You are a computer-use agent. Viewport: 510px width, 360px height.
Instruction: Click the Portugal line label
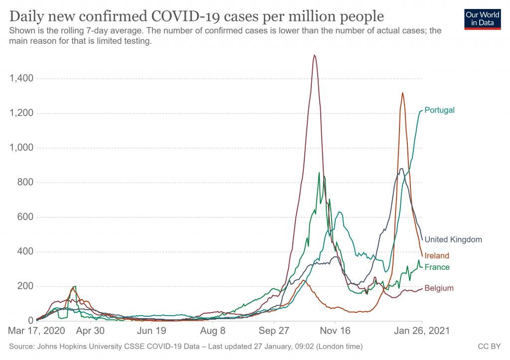point(439,110)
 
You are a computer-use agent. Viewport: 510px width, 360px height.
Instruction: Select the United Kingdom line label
point(453,240)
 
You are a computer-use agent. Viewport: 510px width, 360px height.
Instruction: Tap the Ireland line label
point(437,256)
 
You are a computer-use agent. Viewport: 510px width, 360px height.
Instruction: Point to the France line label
point(437,267)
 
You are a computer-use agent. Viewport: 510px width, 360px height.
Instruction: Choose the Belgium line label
point(439,288)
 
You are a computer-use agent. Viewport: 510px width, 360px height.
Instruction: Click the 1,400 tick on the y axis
point(21,79)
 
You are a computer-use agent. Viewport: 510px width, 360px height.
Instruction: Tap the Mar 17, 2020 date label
point(36,330)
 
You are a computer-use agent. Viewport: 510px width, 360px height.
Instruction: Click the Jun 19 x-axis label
point(151,330)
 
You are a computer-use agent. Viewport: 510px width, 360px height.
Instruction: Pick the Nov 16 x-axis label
point(335,330)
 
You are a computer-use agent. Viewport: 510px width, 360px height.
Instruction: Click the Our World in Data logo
point(482,18)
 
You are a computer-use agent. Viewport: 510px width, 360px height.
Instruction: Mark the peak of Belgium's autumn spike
point(314,55)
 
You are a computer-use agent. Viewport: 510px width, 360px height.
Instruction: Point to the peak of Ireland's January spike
point(402,93)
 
